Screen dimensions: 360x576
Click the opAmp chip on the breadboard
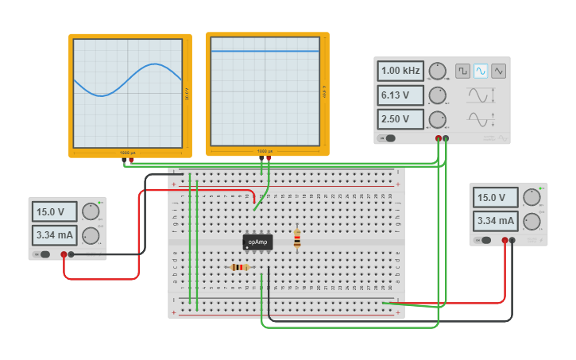[257, 242]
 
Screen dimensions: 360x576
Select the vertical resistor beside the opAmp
[297, 239]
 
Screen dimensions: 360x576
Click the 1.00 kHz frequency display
[400, 71]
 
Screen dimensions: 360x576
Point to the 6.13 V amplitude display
[400, 95]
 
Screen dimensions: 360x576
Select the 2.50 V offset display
[400, 119]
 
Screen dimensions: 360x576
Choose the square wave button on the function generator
[462, 71]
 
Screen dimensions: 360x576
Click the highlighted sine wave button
[481, 71]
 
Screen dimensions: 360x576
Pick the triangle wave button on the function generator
[498, 71]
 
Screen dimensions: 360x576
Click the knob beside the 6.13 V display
[436, 96]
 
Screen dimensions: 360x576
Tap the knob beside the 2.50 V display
[436, 120]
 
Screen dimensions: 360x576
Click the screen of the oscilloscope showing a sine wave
[128, 92]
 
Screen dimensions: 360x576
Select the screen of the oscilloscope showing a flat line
[265, 92]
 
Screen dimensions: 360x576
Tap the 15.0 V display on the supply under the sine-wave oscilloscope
[55, 211]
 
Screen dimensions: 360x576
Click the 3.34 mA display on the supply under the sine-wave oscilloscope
[55, 235]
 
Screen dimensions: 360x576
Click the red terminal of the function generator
[438, 138]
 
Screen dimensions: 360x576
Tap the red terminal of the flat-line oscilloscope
[269, 158]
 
